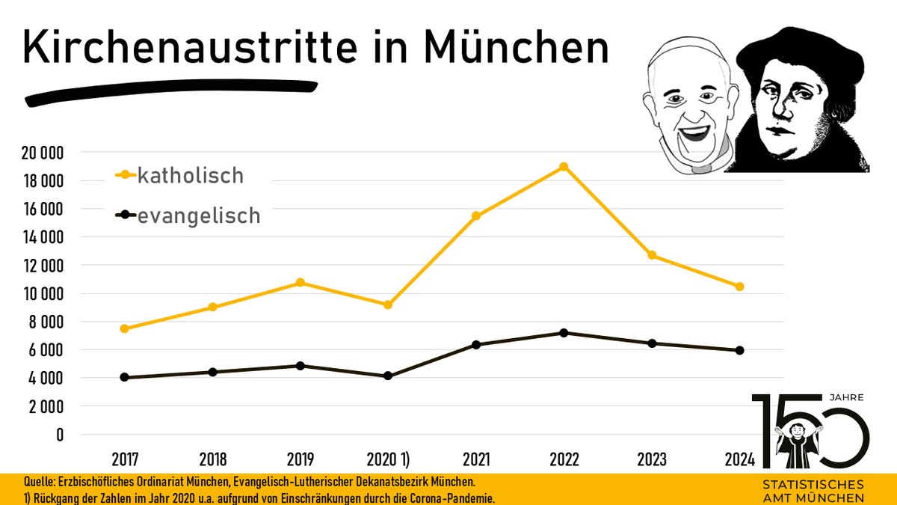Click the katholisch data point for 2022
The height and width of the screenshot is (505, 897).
pos(564,167)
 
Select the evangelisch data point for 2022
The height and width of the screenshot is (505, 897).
pos(564,333)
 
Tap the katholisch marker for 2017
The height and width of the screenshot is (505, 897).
pos(124,328)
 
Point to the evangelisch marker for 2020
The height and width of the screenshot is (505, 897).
pos(388,376)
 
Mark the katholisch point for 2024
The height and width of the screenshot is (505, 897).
pos(740,287)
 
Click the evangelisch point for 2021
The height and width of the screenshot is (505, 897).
pos(476,345)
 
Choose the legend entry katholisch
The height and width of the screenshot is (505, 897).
pos(191,176)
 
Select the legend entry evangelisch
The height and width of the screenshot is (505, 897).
pos(198,216)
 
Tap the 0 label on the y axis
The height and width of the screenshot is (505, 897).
pos(60,435)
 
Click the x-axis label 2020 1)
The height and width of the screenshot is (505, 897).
pos(388,459)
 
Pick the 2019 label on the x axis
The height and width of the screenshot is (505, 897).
pos(300,459)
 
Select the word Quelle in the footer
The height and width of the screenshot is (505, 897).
pos(22,483)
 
